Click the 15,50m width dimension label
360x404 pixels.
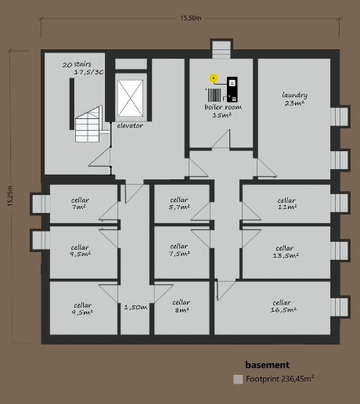(x=191, y=18)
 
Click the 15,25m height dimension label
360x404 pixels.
(x=10, y=196)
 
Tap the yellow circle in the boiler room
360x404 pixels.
(x=214, y=78)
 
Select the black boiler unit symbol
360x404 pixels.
(x=232, y=89)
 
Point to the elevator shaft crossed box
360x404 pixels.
(x=131, y=98)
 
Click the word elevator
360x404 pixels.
(x=130, y=125)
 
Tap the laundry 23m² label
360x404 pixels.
(x=294, y=99)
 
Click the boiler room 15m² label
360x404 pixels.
(x=223, y=111)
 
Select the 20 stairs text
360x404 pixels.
(x=77, y=64)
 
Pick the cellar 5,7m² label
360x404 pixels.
(x=179, y=204)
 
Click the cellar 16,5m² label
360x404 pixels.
(x=283, y=306)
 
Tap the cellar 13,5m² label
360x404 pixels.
(x=286, y=251)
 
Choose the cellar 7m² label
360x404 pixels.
(x=80, y=204)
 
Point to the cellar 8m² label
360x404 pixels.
(x=181, y=306)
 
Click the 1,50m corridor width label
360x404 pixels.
(x=135, y=308)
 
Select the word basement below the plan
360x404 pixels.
(x=268, y=365)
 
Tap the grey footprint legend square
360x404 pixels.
(x=238, y=380)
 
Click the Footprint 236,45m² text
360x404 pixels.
(x=279, y=379)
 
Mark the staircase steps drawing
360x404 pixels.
(x=88, y=124)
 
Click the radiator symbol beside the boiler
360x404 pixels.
(x=214, y=95)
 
